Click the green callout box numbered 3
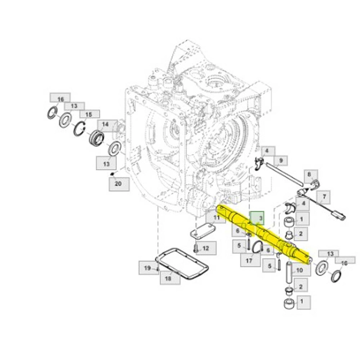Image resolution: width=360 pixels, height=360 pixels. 257,218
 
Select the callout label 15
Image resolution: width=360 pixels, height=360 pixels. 90,114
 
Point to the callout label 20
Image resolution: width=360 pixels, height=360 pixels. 119,184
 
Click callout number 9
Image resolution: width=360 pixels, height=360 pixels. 280,160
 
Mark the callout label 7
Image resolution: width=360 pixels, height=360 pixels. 323,197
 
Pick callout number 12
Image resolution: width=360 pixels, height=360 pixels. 206,248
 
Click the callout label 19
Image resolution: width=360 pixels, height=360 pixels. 149,268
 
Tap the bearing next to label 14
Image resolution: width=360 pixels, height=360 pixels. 97,137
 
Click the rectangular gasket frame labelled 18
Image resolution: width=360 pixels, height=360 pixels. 182,264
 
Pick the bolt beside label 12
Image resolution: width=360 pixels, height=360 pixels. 196,248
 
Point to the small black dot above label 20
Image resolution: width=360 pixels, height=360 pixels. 112,174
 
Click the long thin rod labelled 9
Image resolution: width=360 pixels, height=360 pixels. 285,174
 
